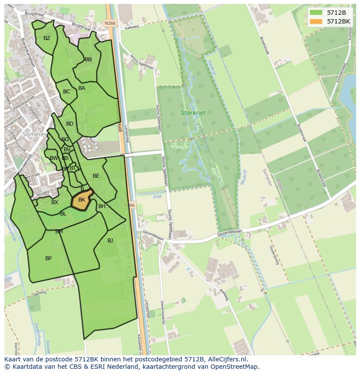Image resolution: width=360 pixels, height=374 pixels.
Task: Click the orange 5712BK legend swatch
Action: click(x=316, y=21)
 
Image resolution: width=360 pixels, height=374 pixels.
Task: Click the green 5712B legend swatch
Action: click(x=316, y=13)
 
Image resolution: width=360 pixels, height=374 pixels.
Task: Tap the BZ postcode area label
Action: click(x=47, y=38)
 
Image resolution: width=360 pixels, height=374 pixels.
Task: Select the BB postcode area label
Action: click(x=88, y=60)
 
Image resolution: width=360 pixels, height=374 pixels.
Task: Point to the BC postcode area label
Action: click(x=67, y=92)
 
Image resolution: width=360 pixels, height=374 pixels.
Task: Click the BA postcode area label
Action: click(x=82, y=88)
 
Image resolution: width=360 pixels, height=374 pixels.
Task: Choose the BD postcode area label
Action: click(x=70, y=124)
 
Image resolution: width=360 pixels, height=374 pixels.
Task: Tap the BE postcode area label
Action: click(x=96, y=176)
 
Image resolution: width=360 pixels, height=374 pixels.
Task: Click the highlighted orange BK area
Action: click(x=82, y=200)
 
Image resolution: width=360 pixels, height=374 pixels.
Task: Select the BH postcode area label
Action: click(x=102, y=206)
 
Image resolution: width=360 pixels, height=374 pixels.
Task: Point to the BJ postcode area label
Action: click(x=110, y=240)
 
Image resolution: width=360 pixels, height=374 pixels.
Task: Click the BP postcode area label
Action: click(x=49, y=258)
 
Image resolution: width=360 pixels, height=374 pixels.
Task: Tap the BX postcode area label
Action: click(x=55, y=202)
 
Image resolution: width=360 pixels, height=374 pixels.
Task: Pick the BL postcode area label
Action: click(x=63, y=214)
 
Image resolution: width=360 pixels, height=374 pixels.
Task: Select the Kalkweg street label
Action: click(x=131, y=27)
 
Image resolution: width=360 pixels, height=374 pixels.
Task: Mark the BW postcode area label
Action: click(x=53, y=158)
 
